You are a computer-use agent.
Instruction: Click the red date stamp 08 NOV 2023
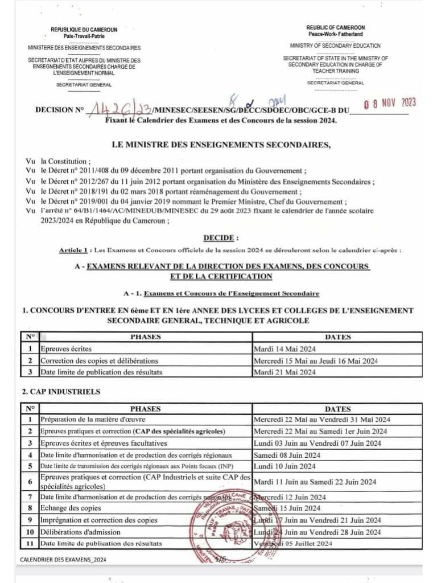pos(390,103)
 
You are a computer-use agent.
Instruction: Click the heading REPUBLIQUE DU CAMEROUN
pos(84,30)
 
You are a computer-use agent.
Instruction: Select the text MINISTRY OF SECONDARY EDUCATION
pos(335,46)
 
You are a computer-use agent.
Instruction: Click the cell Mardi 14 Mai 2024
pos(285,348)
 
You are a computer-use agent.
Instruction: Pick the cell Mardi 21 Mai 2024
pos(284,372)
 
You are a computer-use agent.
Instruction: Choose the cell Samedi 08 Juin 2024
pos(287,455)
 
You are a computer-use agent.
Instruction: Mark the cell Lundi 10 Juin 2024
pos(284,466)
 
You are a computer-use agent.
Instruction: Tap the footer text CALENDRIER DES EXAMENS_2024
pos(63,560)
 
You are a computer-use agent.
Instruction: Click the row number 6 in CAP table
pos(29,482)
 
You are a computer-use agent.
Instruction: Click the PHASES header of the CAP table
pos(145,408)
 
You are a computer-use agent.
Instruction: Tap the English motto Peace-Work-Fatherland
pos(335,35)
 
